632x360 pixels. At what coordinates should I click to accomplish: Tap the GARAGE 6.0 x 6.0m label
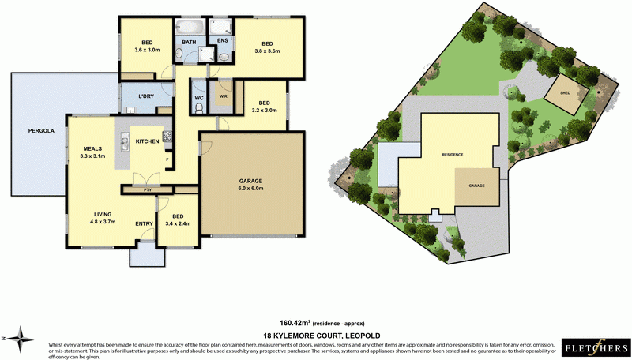click(250, 186)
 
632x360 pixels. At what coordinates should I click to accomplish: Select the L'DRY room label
click(146, 96)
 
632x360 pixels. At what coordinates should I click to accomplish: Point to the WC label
click(198, 99)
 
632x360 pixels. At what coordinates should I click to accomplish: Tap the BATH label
click(190, 42)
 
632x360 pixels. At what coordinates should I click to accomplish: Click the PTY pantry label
click(148, 190)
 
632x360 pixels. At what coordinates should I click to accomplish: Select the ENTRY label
click(144, 223)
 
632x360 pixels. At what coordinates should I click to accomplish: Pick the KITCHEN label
click(148, 141)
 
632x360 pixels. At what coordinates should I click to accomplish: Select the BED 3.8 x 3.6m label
click(266, 48)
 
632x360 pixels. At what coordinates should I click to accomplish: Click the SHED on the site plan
click(566, 92)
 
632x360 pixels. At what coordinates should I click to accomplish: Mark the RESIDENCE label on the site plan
click(452, 155)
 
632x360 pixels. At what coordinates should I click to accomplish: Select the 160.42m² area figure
click(295, 323)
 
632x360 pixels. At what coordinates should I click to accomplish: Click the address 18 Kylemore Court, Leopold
click(316, 336)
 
